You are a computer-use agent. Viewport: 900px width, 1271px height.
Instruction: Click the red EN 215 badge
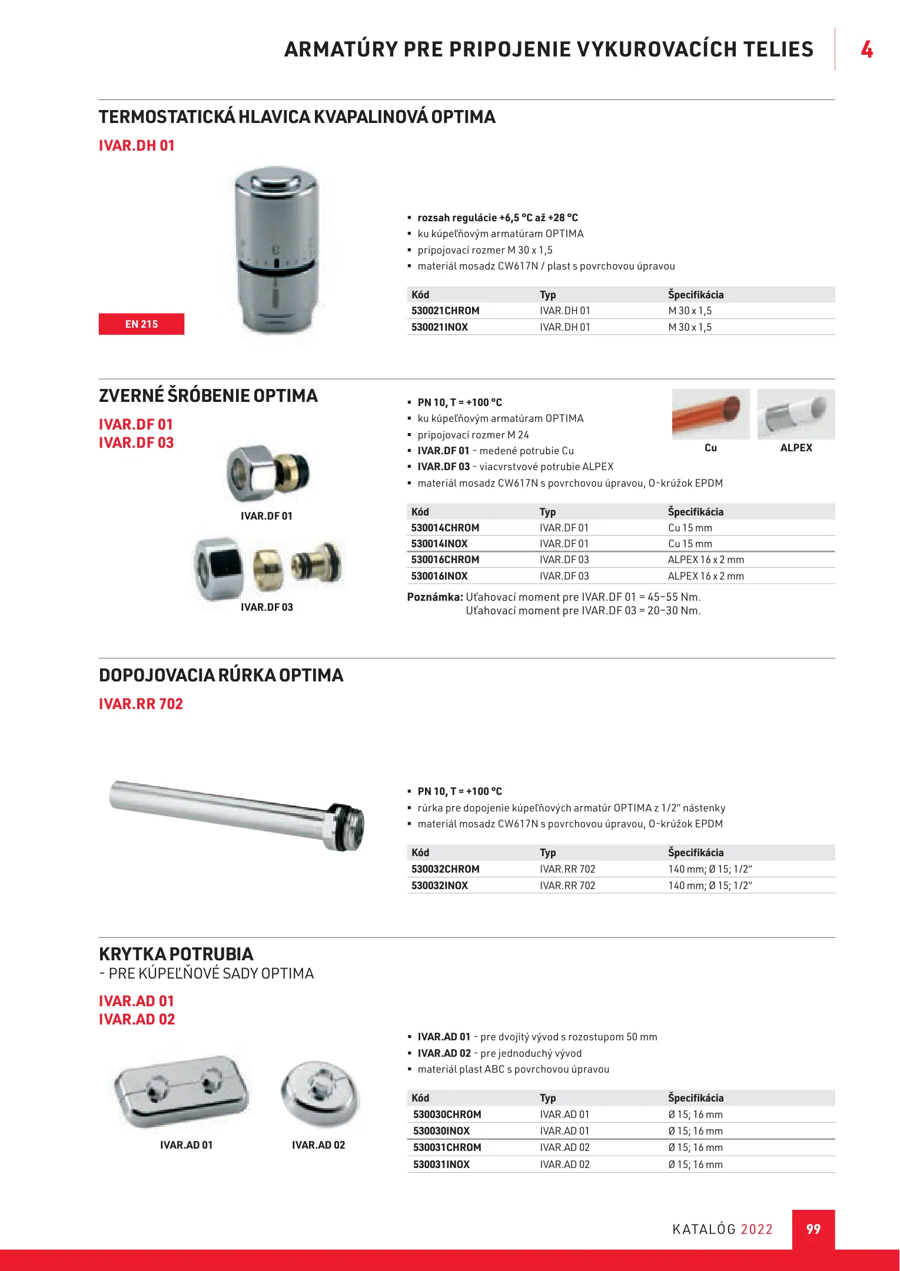tap(141, 324)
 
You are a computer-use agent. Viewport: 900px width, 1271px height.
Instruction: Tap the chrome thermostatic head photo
tap(275, 250)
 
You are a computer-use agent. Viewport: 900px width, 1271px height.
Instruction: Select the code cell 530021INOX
tap(440, 327)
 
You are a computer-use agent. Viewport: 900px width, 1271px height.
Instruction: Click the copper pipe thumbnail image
tap(710, 414)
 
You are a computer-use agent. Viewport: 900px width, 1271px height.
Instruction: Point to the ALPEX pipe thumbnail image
tap(796, 414)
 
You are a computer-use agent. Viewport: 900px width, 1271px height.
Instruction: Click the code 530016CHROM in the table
tap(445, 560)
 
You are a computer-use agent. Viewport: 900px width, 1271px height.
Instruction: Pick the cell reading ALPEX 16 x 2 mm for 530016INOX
tap(706, 576)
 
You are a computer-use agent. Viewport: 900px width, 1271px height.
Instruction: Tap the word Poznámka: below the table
tap(435, 597)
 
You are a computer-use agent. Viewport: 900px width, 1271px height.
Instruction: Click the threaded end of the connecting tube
tap(347, 827)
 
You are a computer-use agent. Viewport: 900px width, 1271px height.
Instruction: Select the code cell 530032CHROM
tap(445, 869)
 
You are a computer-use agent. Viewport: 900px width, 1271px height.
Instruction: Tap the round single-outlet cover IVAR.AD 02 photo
tap(320, 1092)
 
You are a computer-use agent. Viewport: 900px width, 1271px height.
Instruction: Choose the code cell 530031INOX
tap(441, 1164)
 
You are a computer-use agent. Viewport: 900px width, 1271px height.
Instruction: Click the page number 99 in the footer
tap(813, 1229)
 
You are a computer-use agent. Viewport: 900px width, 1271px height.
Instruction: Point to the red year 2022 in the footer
tap(756, 1229)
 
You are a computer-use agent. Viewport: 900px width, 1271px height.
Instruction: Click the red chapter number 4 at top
tap(866, 49)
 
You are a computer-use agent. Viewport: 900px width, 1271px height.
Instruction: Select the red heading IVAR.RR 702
tap(141, 704)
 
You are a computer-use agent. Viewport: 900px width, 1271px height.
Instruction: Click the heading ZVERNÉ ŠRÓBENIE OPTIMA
tap(208, 395)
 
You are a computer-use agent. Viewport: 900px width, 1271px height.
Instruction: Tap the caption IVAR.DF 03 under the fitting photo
tap(267, 607)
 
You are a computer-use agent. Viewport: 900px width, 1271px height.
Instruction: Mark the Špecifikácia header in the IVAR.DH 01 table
tap(696, 295)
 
